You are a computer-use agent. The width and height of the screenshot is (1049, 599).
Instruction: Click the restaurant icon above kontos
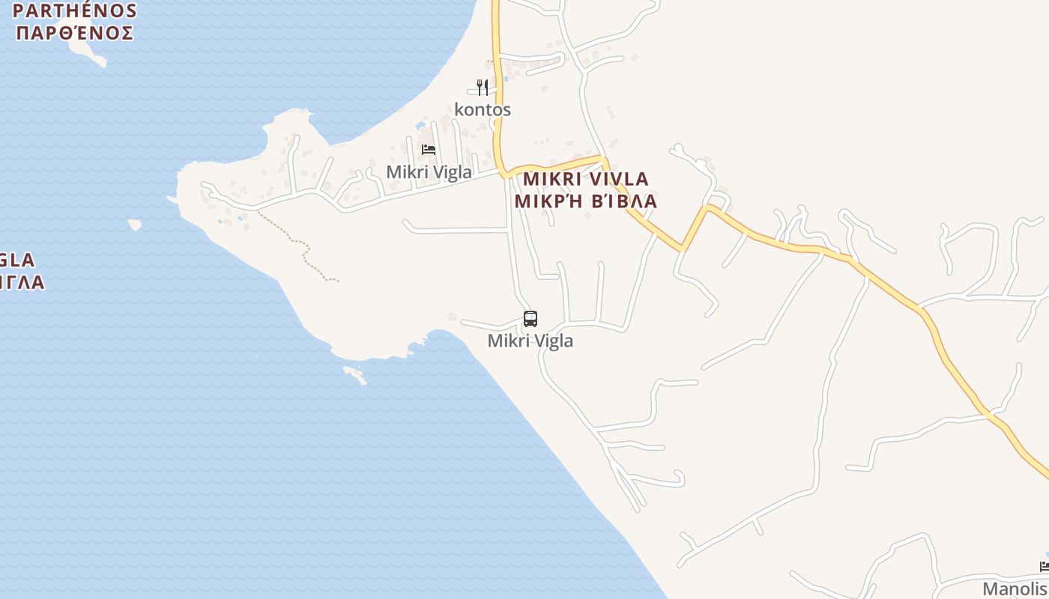coord(483,88)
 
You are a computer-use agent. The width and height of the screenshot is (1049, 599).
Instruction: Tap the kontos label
coord(483,110)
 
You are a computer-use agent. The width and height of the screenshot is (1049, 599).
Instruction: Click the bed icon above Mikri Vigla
coord(429,150)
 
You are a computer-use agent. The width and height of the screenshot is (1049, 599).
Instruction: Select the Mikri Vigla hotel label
coord(429,172)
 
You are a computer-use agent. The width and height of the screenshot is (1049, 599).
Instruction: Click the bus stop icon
coord(530,319)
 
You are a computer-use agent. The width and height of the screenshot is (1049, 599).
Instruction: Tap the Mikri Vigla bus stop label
coord(530,341)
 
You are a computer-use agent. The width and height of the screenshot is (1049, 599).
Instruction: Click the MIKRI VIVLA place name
coord(585,180)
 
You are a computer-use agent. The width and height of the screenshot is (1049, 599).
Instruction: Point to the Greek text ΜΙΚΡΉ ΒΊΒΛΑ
coord(585,201)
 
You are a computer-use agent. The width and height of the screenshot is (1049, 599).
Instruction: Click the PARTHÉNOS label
coord(75,11)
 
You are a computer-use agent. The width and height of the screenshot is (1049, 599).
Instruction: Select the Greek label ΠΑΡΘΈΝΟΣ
coord(75,33)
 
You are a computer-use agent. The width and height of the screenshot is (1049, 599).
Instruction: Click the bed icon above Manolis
coord(1045,566)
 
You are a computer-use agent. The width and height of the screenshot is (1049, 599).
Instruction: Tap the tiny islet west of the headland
coord(135,224)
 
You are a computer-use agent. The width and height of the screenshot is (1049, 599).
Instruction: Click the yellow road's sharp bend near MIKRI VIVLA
coord(706,208)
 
